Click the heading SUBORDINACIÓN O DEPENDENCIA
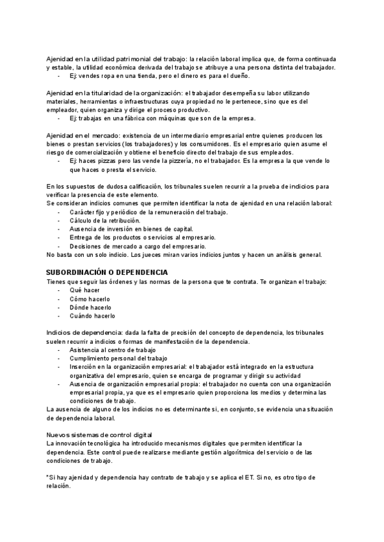pyautogui.click(x=108, y=272)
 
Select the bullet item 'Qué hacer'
pyautogui.click(x=85, y=290)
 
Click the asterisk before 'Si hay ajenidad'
pyautogui.click(x=48, y=477)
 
